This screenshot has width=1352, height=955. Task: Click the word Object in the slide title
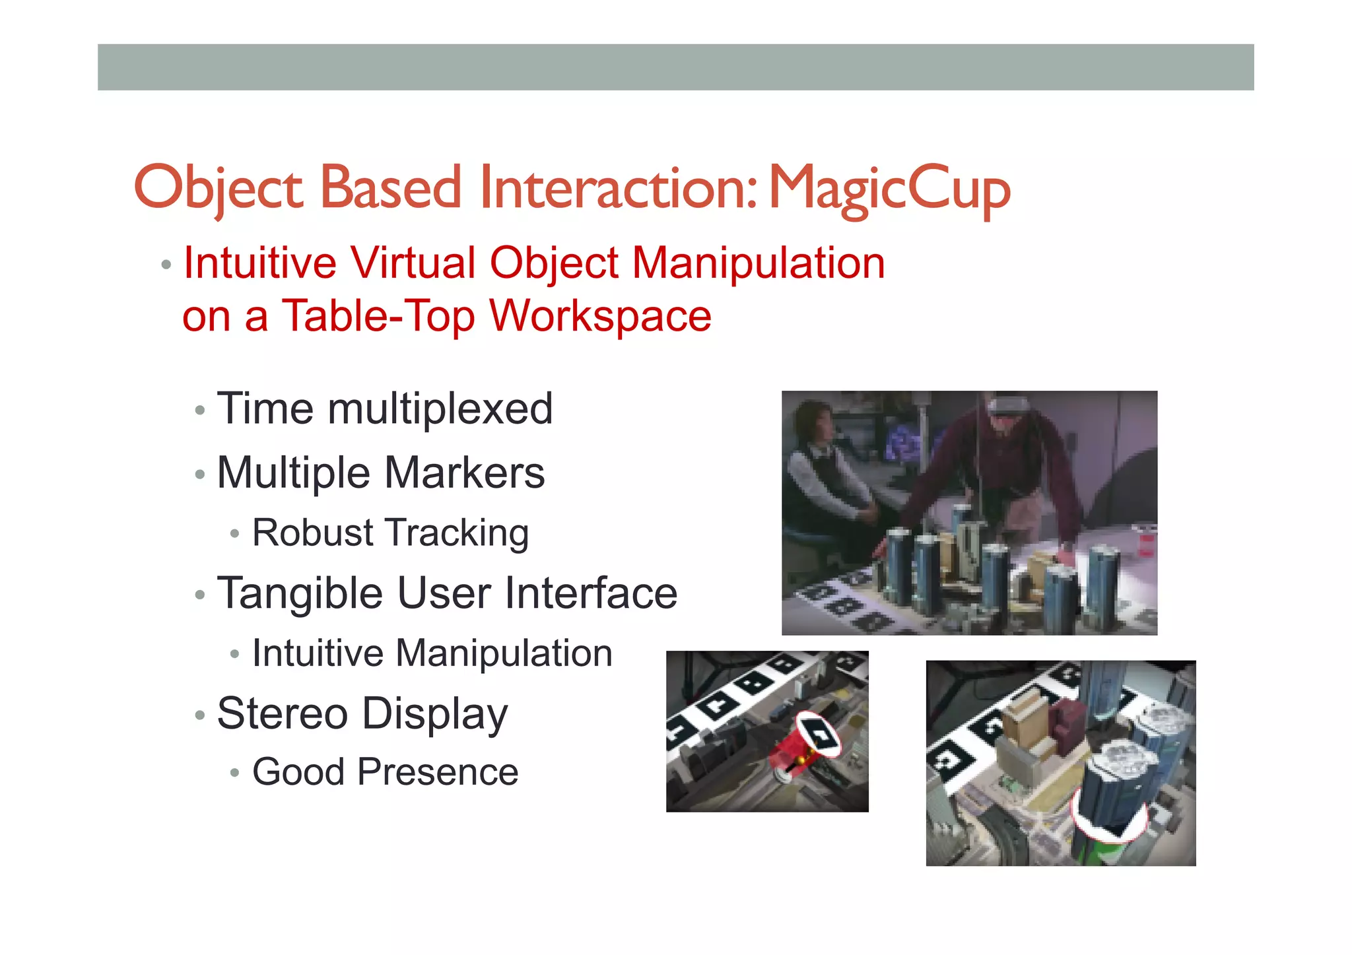click(218, 188)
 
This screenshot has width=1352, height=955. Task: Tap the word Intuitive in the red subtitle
click(259, 263)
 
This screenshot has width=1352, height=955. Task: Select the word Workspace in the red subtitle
click(600, 316)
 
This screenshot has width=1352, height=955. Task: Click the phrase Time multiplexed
click(384, 409)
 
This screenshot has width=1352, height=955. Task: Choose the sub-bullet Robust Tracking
click(390, 533)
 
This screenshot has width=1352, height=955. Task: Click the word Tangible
click(299, 593)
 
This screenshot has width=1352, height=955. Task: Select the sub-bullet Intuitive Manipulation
click(432, 653)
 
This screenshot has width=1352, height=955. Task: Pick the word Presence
click(437, 772)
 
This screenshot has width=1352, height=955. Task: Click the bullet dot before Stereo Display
click(200, 715)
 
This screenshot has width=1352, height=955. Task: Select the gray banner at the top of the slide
click(675, 67)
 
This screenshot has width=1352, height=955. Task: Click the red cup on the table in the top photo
click(1147, 543)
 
